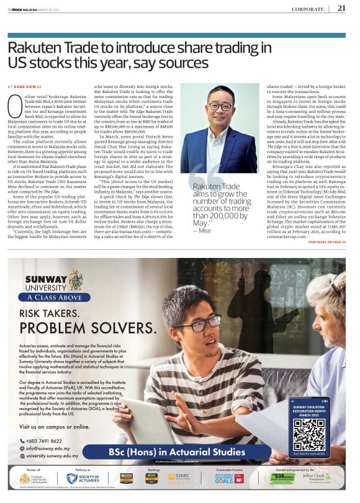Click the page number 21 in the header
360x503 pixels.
[341, 8]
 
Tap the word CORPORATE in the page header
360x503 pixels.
[308, 9]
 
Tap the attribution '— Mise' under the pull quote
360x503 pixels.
[202, 231]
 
